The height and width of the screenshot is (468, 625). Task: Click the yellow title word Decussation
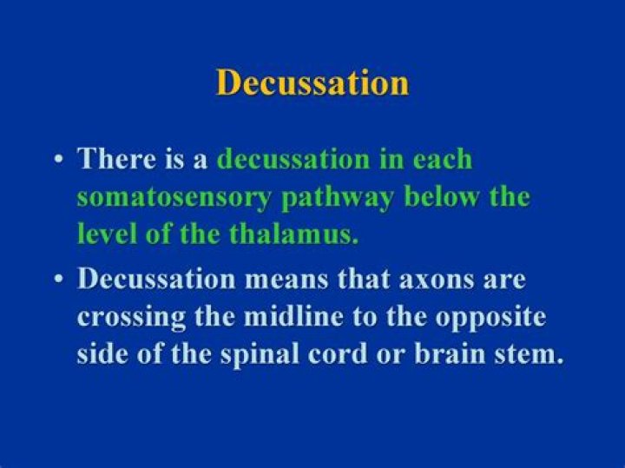[312, 82]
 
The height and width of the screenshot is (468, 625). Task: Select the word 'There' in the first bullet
[110, 160]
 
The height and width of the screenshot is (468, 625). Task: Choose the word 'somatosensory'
[173, 197]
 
